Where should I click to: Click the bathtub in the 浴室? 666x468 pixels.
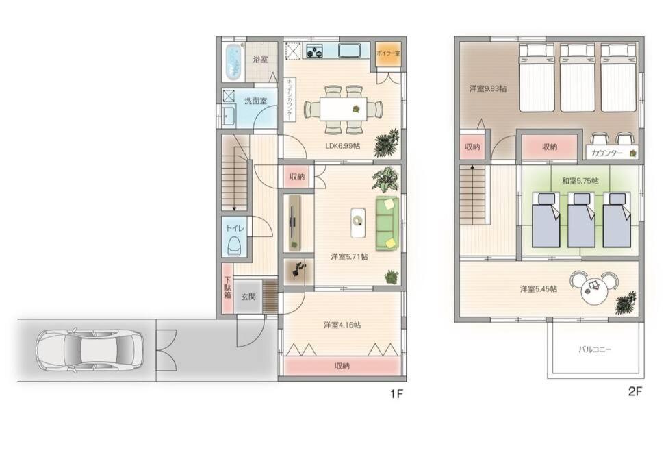[x=233, y=62]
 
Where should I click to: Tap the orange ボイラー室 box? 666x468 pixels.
[x=388, y=54]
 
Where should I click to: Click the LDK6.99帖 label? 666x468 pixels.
[x=343, y=146]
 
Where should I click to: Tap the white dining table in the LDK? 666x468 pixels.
[x=343, y=109]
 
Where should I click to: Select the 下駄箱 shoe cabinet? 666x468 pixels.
[x=227, y=288]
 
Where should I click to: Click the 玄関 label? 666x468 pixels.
[x=248, y=297]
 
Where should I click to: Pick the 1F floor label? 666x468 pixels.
[x=396, y=394]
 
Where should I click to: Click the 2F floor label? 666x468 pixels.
[x=635, y=391]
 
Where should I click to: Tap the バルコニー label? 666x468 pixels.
[x=595, y=350]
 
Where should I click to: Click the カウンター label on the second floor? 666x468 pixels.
[x=606, y=153]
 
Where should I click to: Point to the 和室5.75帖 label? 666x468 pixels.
[x=580, y=181]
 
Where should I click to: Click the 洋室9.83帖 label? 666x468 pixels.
[x=487, y=88]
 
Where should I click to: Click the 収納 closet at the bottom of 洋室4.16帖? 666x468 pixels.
[x=342, y=365]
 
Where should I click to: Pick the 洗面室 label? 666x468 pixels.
[x=255, y=101]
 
